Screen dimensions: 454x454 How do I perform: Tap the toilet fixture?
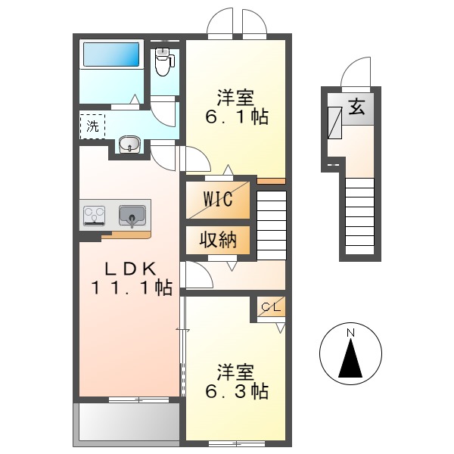[x=163, y=61]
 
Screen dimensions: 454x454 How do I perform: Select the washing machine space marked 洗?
[x=92, y=126]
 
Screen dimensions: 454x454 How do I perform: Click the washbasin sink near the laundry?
[x=129, y=145]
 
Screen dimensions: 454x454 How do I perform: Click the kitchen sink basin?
[x=132, y=216]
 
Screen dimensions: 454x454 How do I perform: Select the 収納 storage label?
[x=218, y=240]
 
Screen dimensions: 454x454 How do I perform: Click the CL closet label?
[x=270, y=306]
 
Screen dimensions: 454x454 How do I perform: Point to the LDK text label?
[x=129, y=268]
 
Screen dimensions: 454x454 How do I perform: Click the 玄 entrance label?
[x=356, y=107]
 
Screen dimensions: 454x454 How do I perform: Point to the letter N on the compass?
[x=350, y=333]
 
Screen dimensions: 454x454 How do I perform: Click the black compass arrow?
[x=350, y=359]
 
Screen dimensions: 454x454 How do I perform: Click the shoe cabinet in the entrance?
[x=334, y=122]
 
